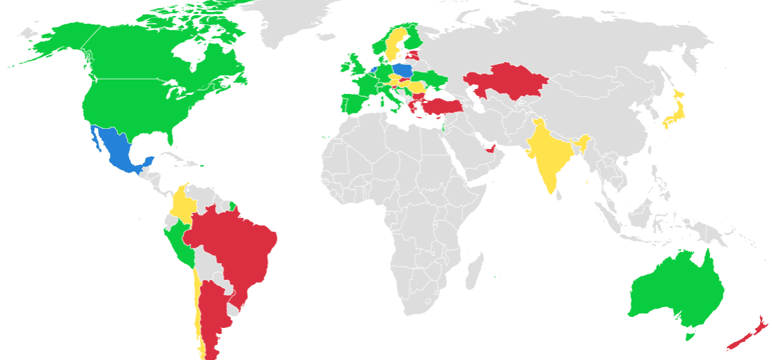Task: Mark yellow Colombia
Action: point(183,202)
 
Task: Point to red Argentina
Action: point(212,313)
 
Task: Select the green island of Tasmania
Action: point(690,336)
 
